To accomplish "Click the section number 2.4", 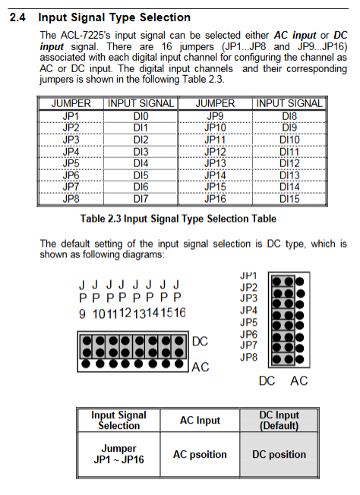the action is [17, 17].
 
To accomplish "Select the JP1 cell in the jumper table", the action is [71, 116].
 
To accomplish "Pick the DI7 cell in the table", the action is [141, 199].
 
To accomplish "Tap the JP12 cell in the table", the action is [215, 152].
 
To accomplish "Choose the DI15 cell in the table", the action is [289, 199].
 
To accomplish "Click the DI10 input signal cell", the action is [289, 140].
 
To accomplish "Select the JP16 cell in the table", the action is [215, 199].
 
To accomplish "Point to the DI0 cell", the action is [141, 116].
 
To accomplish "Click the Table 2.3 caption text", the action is [178, 219].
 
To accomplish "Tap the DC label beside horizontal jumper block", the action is [200, 342].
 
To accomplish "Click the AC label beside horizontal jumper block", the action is [201, 367].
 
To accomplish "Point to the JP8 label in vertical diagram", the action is [248, 358].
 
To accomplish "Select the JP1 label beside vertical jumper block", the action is [248, 276].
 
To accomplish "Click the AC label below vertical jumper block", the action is [298, 380].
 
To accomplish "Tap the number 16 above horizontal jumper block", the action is [180, 313].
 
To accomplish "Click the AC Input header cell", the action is [200, 420].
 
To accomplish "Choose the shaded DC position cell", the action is [279, 454].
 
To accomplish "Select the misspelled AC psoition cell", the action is [200, 454].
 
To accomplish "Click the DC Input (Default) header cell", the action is [279, 420].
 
